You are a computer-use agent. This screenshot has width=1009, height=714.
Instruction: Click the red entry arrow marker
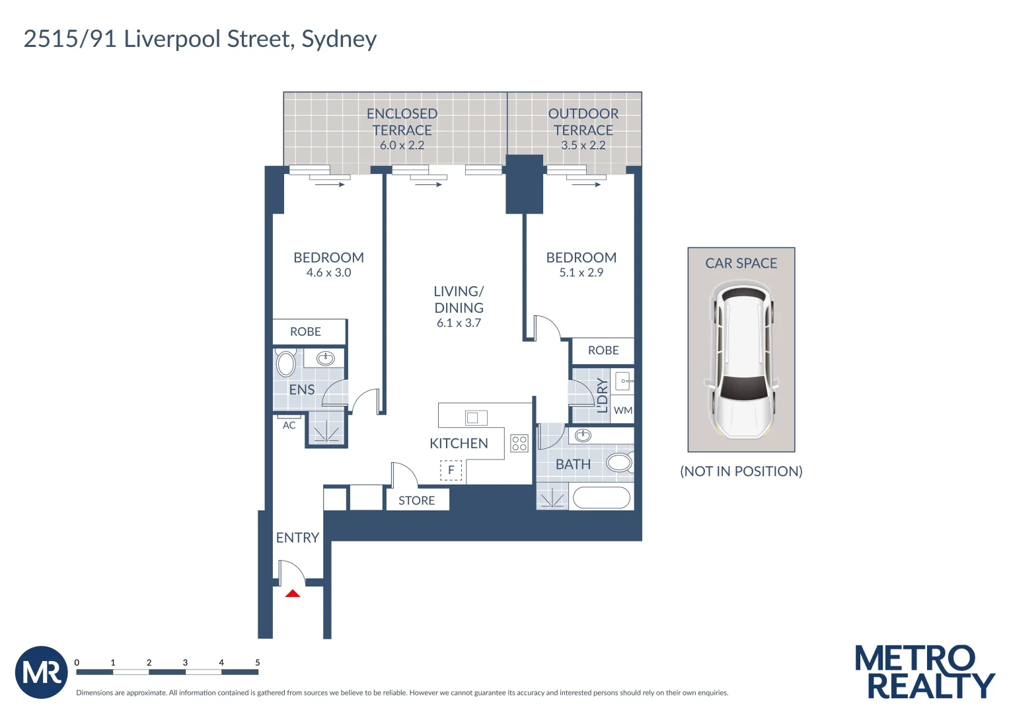[x=293, y=593]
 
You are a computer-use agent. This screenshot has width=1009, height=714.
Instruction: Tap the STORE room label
[x=417, y=500]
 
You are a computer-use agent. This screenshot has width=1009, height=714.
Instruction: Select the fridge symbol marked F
[x=451, y=470]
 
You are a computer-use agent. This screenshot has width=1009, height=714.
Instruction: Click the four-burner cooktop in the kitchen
[x=519, y=443]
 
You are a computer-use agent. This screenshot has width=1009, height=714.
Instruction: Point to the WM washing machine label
[x=623, y=410]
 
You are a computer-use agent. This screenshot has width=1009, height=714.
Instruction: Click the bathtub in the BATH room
[x=601, y=498]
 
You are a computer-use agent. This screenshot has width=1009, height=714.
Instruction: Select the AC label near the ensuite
[x=289, y=425]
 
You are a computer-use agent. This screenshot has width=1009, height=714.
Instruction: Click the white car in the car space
[x=741, y=359]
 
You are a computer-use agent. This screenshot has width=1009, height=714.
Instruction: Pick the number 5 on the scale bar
[x=258, y=662]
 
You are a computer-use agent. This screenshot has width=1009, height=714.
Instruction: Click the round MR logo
[x=42, y=672]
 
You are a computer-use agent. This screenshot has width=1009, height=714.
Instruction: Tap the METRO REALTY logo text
[x=924, y=672]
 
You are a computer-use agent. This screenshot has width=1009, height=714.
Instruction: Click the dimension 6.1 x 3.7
[x=459, y=323]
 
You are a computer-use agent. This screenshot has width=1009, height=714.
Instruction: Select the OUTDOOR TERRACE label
[x=583, y=122]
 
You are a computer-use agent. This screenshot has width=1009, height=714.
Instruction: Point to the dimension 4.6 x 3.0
[x=329, y=272]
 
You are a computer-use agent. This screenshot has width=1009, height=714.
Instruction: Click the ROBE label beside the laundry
[x=603, y=350]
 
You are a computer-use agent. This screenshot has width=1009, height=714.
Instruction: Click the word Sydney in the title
[x=339, y=40]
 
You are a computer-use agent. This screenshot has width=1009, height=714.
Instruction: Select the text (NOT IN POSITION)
[x=741, y=471]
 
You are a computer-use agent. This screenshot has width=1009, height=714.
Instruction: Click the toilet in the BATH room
[x=620, y=463]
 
